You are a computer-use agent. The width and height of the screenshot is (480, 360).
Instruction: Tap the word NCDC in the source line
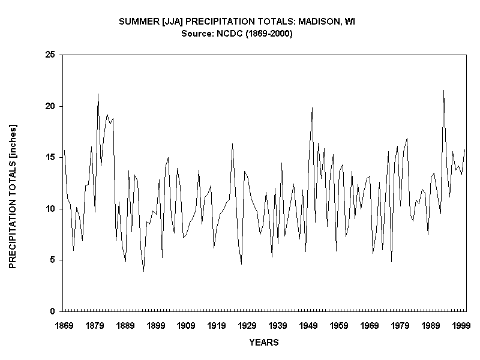(225, 34)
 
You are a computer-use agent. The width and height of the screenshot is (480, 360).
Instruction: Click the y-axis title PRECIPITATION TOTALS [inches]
(13, 196)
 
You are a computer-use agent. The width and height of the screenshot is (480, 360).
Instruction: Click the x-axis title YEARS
(264, 343)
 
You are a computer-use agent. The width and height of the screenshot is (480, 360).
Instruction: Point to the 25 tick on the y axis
(50, 55)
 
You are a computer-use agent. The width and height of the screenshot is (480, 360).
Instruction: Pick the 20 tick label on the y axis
(50, 106)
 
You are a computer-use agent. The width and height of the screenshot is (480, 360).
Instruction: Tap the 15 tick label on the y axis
(50, 158)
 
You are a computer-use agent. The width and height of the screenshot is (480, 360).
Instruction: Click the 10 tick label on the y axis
(50, 209)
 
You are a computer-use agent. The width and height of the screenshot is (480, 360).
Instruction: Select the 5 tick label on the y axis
(53, 260)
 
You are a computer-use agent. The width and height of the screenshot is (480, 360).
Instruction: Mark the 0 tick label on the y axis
(53, 311)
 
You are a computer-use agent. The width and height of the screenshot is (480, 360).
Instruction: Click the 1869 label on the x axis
(64, 325)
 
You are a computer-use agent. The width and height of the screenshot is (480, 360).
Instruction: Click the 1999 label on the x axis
(461, 325)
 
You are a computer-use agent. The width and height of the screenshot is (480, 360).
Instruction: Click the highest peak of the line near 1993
(443, 91)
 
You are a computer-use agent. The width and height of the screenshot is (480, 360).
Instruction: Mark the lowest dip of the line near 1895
(143, 271)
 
